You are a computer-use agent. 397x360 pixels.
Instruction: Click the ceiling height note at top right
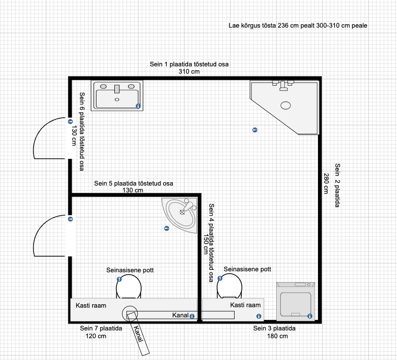[x=298, y=26]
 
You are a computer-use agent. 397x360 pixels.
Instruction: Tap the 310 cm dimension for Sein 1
[x=189, y=72]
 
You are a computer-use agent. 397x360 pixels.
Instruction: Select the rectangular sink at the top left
[x=117, y=96]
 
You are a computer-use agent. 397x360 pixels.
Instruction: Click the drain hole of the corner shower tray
[x=286, y=105]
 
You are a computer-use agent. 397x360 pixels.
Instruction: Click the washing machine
[x=296, y=301]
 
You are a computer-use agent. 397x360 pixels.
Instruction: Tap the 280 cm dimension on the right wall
[x=326, y=184]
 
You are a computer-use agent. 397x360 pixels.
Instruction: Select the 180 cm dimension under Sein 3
[x=277, y=336]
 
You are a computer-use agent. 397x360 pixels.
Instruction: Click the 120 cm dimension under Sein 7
[x=95, y=336]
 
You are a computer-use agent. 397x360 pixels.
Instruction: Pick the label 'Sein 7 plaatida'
[x=101, y=329]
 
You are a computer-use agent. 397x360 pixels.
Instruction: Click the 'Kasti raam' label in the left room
[x=91, y=306]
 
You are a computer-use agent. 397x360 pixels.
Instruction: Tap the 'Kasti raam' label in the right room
[x=245, y=305]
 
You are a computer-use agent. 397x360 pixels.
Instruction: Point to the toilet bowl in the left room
[x=128, y=287]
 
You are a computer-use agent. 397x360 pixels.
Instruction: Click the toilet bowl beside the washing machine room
[x=229, y=286]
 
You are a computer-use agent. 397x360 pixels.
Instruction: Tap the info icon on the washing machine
[x=310, y=316]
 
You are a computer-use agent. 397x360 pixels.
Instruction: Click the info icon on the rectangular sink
[x=138, y=106]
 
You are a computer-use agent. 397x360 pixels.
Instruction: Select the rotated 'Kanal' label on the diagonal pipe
[x=138, y=333]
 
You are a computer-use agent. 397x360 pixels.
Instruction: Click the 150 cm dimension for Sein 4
[x=206, y=244]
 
